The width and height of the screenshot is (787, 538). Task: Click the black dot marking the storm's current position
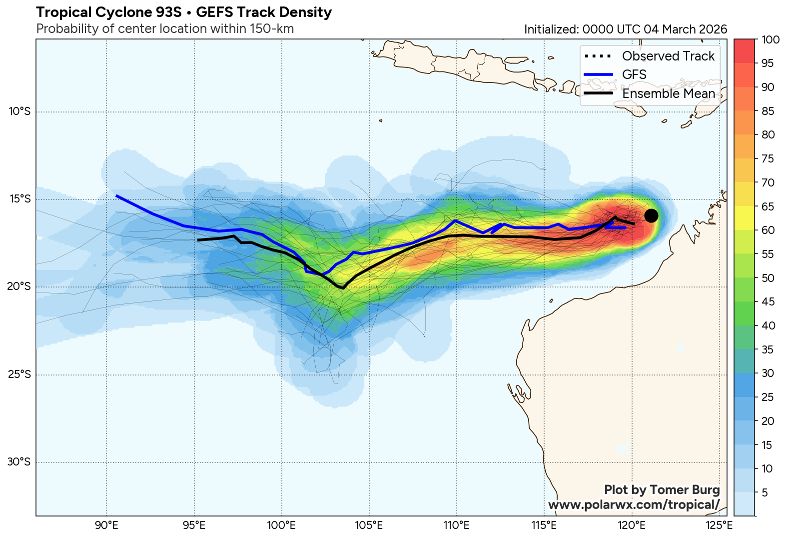point(651,215)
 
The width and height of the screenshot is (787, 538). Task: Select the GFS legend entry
point(634,74)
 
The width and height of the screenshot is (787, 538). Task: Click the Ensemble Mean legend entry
point(668,93)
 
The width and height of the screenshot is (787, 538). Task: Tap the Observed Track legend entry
point(668,56)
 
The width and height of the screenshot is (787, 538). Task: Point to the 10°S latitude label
point(19,111)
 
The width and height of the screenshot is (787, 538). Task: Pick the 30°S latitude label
point(19,461)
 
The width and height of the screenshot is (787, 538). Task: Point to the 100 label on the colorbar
point(771,40)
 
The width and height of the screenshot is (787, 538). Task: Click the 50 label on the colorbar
point(768,278)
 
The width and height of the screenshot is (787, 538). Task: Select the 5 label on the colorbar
point(765,492)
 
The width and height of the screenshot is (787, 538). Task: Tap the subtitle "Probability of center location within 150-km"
point(165,29)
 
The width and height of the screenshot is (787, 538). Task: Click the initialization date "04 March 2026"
point(685,29)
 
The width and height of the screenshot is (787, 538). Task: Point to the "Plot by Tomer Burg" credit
point(662,490)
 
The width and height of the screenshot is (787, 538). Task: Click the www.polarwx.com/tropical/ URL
point(634,504)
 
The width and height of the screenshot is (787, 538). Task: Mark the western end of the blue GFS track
point(116,196)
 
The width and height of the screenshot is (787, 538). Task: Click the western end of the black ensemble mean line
point(198,240)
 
